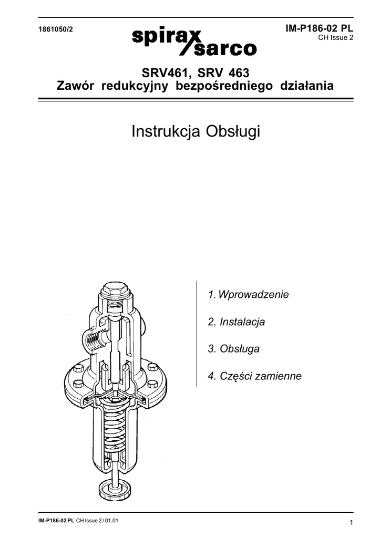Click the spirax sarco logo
[194, 40]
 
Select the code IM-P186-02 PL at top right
[320, 29]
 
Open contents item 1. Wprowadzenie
[249, 294]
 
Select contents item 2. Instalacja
[236, 322]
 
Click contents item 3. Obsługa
[233, 349]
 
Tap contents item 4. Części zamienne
[254, 376]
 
